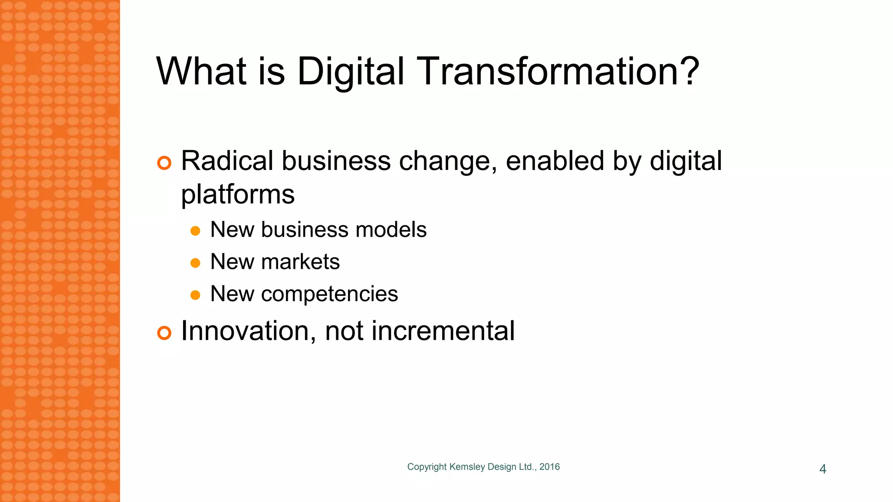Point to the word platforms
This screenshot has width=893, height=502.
(x=238, y=194)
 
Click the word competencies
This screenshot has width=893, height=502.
(x=329, y=294)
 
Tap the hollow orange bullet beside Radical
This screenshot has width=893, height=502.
(x=164, y=163)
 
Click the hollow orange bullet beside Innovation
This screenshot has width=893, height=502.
(x=164, y=333)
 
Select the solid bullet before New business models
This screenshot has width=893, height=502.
(x=195, y=231)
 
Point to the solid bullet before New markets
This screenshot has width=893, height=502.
(x=195, y=263)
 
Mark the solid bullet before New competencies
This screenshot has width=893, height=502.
(x=195, y=295)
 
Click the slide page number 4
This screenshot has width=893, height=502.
(x=823, y=469)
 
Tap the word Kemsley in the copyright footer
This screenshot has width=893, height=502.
(x=467, y=467)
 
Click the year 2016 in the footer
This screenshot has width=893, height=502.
(x=549, y=467)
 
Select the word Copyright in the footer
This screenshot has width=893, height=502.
(x=426, y=467)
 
